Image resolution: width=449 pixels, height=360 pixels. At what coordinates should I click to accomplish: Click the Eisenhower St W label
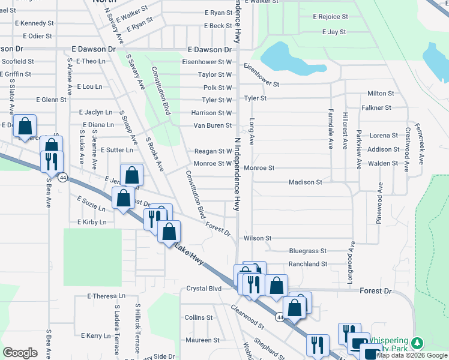click(207, 62)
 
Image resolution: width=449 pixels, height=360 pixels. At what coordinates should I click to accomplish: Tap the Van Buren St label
click(212, 125)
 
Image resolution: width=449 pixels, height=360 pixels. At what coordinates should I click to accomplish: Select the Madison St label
click(305, 182)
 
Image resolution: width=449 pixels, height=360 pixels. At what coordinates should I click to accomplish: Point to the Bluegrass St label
click(307, 251)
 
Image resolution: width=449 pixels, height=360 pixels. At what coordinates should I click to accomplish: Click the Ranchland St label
click(307, 264)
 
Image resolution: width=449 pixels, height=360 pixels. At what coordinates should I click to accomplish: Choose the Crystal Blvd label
click(203, 289)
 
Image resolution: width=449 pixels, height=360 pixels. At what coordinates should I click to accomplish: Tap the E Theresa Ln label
click(106, 296)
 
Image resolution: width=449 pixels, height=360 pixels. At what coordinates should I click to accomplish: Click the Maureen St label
click(203, 340)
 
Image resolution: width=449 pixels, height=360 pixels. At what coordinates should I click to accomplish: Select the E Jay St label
click(334, 32)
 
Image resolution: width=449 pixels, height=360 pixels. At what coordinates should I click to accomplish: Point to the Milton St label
click(381, 94)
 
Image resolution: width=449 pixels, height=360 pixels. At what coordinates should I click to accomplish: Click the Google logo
click(20, 353)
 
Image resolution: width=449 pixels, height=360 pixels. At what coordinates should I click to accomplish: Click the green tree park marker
click(414, 343)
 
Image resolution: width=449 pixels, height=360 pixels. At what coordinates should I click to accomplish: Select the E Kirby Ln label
click(92, 222)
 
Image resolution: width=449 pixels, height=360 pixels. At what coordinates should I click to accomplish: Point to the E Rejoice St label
click(331, 17)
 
